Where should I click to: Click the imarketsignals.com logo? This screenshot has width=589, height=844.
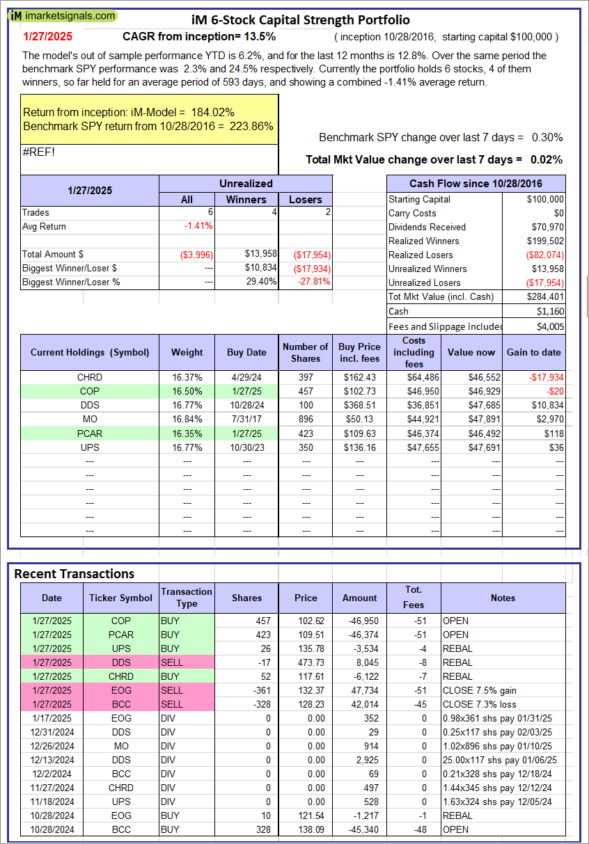(63, 15)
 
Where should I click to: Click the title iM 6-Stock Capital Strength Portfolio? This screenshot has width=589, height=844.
(300, 20)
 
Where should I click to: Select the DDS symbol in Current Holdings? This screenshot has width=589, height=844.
(90, 405)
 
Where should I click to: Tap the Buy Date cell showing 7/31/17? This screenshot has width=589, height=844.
(246, 419)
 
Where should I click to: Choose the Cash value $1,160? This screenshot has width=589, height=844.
(551, 310)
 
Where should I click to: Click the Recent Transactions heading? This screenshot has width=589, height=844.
(74, 573)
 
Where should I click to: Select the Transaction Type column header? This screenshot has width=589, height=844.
(186, 598)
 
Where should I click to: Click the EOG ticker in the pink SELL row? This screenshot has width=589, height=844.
(120, 690)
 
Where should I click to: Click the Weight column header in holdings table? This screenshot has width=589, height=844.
(187, 352)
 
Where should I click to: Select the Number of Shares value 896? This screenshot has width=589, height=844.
(305, 419)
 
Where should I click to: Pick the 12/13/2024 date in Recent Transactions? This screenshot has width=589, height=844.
(52, 760)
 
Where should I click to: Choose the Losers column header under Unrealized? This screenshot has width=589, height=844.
(305, 199)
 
